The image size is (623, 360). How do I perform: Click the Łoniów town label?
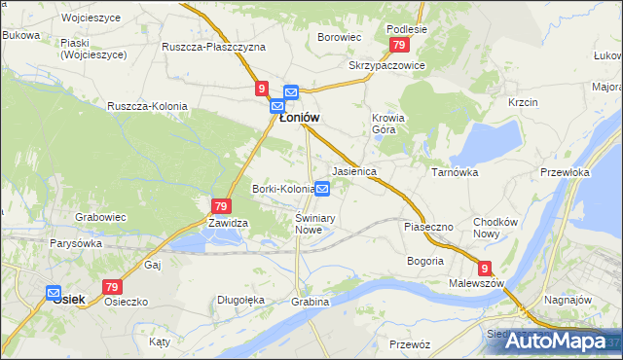point(300,118)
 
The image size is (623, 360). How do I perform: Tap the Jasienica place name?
point(354,171)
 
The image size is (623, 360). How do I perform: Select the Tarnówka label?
point(455,171)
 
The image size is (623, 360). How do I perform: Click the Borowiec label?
point(340,37)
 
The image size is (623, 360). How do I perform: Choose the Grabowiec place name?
point(102,217)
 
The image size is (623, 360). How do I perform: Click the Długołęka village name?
point(241,300)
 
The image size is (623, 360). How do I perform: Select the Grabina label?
point(310,302)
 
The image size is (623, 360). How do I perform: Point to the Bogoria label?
point(425,261)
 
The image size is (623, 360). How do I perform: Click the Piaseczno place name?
point(428,227)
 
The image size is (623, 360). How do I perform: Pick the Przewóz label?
point(409,344)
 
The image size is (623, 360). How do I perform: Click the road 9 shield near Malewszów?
point(484,268)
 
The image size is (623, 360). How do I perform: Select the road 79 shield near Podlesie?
point(397,46)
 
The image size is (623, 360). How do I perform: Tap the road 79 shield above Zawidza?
point(220,206)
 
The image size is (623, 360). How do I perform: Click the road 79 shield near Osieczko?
point(112,287)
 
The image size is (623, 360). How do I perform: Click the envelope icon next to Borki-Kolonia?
point(322,189)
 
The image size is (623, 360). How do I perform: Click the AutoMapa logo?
point(559,341)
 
